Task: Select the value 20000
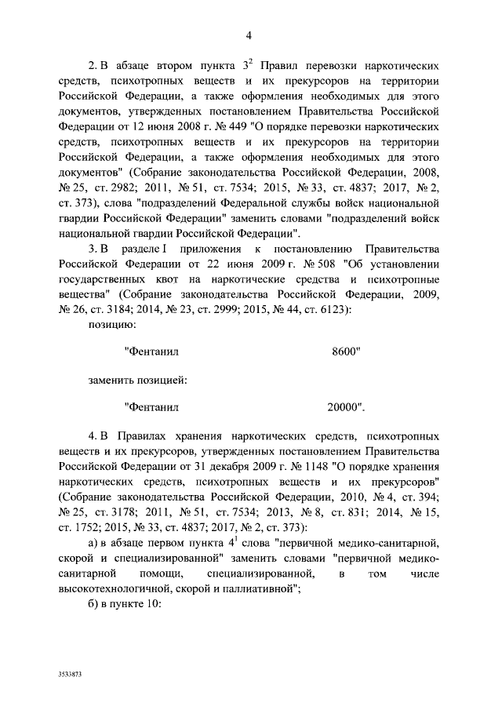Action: click(346, 407)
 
